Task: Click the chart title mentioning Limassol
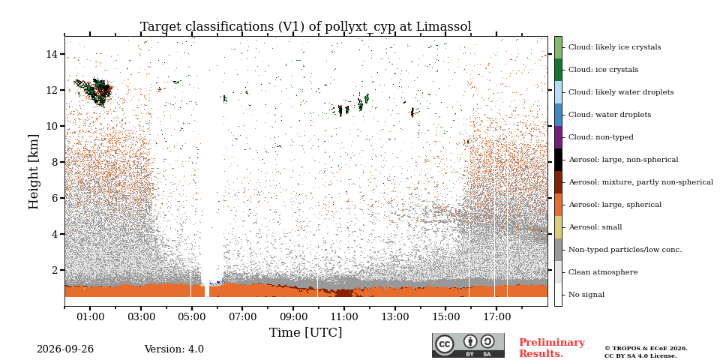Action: point(306,27)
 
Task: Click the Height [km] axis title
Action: point(34,172)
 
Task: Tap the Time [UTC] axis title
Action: point(306,332)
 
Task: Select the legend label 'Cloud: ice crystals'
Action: point(603,70)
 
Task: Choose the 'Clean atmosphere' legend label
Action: point(603,272)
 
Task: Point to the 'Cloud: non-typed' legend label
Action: point(601,137)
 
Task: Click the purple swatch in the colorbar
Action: point(558,137)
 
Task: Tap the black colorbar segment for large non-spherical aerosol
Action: point(558,160)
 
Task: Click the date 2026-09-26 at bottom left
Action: point(65,349)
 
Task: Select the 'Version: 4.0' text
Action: point(174,349)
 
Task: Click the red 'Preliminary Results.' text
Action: point(552,348)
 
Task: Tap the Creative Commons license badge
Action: point(468,345)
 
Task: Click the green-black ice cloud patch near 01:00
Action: point(94,91)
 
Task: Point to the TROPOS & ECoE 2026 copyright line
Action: point(646,349)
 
